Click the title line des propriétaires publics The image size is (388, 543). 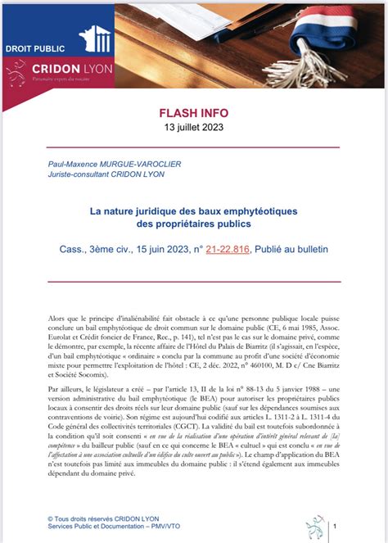point(194,224)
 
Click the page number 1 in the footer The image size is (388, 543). point(338,527)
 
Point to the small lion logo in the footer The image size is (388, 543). point(314,527)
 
